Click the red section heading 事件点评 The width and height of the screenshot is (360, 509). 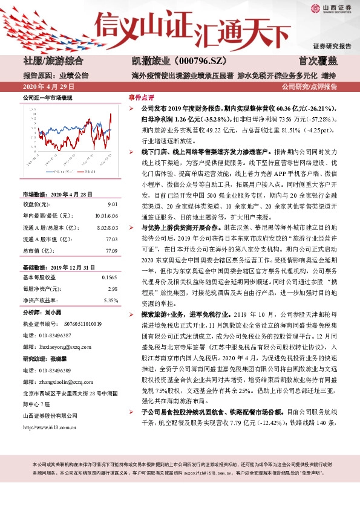click(142, 97)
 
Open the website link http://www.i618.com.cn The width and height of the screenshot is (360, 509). click(49, 427)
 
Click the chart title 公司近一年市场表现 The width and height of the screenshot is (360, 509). click(47, 97)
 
